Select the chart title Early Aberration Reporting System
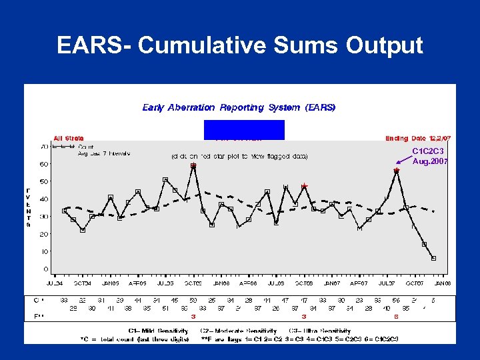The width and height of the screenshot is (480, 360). point(239,107)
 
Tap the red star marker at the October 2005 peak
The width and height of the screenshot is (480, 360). point(193,165)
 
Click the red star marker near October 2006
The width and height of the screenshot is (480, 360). point(305,186)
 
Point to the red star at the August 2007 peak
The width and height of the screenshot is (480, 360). point(397,171)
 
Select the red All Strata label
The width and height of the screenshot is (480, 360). point(69,139)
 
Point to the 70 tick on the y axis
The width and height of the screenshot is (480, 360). point(44,146)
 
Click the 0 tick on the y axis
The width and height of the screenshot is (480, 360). point(46,269)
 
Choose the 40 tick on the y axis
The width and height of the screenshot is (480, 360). point(44,199)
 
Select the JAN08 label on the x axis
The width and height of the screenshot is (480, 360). point(443,283)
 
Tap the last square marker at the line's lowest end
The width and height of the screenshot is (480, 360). point(434,258)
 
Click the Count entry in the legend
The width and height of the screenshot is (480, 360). point(86,146)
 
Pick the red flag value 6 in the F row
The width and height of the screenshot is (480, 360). point(397,317)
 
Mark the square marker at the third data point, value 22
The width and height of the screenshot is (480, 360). point(83,230)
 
